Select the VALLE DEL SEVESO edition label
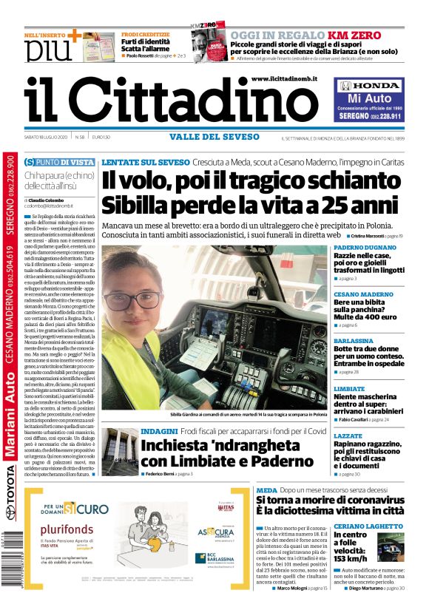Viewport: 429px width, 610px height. [212, 136]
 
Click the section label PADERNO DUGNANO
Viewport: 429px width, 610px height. [365, 247]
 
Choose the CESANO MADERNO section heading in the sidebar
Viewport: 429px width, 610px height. [363, 294]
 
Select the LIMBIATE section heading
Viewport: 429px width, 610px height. [350, 388]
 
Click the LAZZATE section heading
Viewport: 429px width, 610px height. [348, 436]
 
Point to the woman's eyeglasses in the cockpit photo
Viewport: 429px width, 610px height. [132, 299]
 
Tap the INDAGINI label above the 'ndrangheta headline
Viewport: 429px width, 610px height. [159, 430]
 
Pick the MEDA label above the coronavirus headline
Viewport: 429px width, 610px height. [266, 489]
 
